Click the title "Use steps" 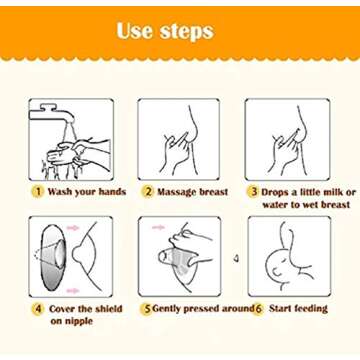click(x=165, y=31)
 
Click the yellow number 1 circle click(x=37, y=191)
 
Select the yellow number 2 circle click(x=147, y=191)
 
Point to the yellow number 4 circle click(x=37, y=309)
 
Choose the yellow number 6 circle click(x=256, y=309)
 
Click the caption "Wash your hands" click(x=86, y=191)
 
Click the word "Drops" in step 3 click(x=279, y=191)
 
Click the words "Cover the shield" click(x=86, y=309)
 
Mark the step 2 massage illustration click(x=178, y=139)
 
